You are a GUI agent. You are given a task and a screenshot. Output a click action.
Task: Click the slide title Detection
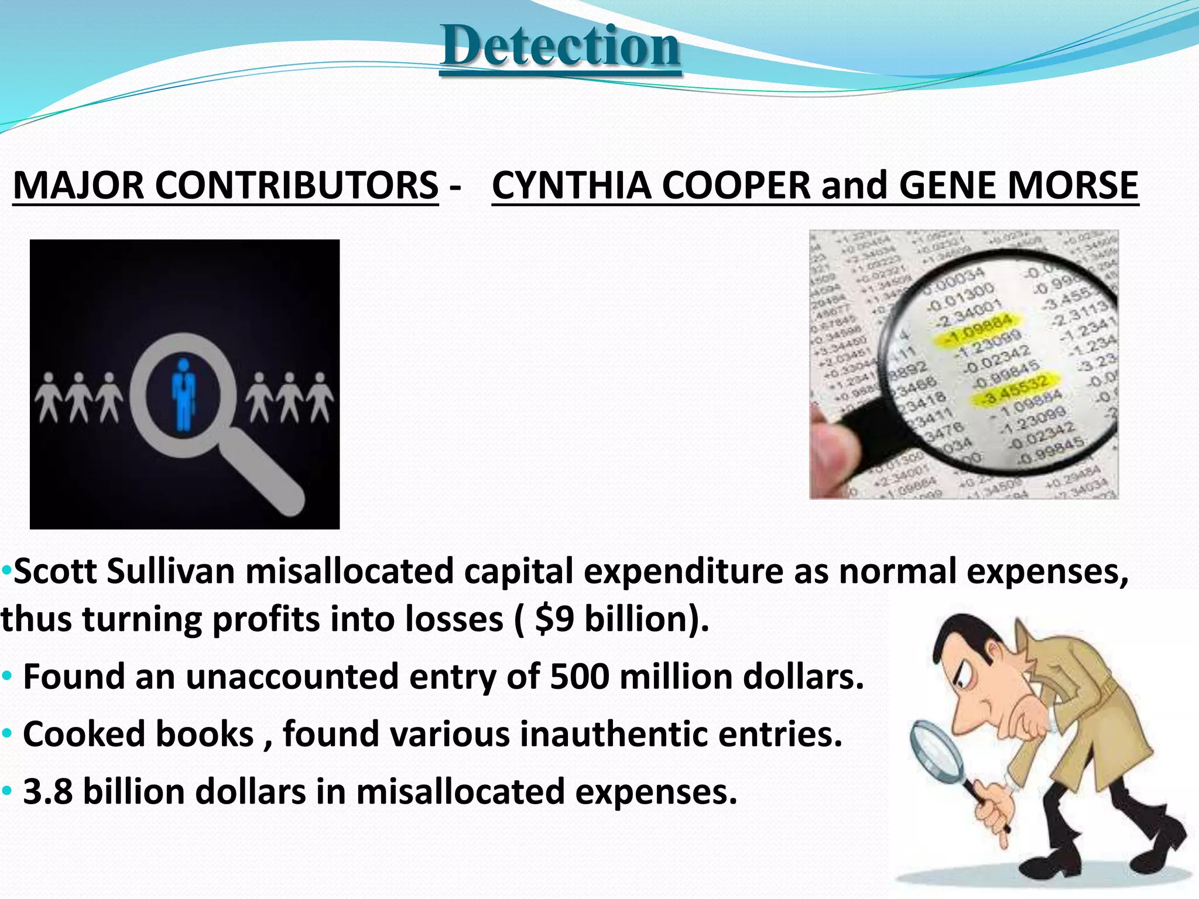[560, 47]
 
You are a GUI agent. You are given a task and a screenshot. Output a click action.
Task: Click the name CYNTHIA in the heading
[571, 186]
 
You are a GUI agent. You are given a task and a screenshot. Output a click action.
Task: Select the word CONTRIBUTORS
[297, 186]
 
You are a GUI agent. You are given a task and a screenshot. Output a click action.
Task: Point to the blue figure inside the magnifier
[184, 393]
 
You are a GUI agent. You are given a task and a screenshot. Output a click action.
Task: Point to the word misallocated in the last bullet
[460, 791]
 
